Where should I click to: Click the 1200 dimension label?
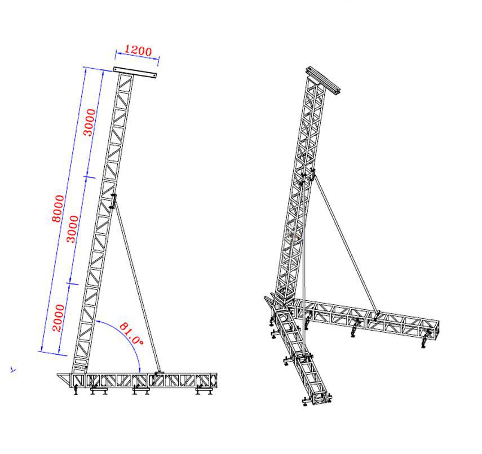tap(138, 51)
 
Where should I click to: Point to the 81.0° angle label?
tap(131, 333)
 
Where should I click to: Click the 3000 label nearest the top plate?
tap(90, 122)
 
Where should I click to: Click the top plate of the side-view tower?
tap(135, 72)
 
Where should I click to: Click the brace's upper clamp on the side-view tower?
tap(113, 201)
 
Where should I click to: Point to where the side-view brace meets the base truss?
tap(159, 372)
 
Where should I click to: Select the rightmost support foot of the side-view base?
tap(201, 390)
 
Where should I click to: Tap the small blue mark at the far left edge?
tap(13, 370)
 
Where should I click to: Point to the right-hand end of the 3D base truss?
tap(434, 329)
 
